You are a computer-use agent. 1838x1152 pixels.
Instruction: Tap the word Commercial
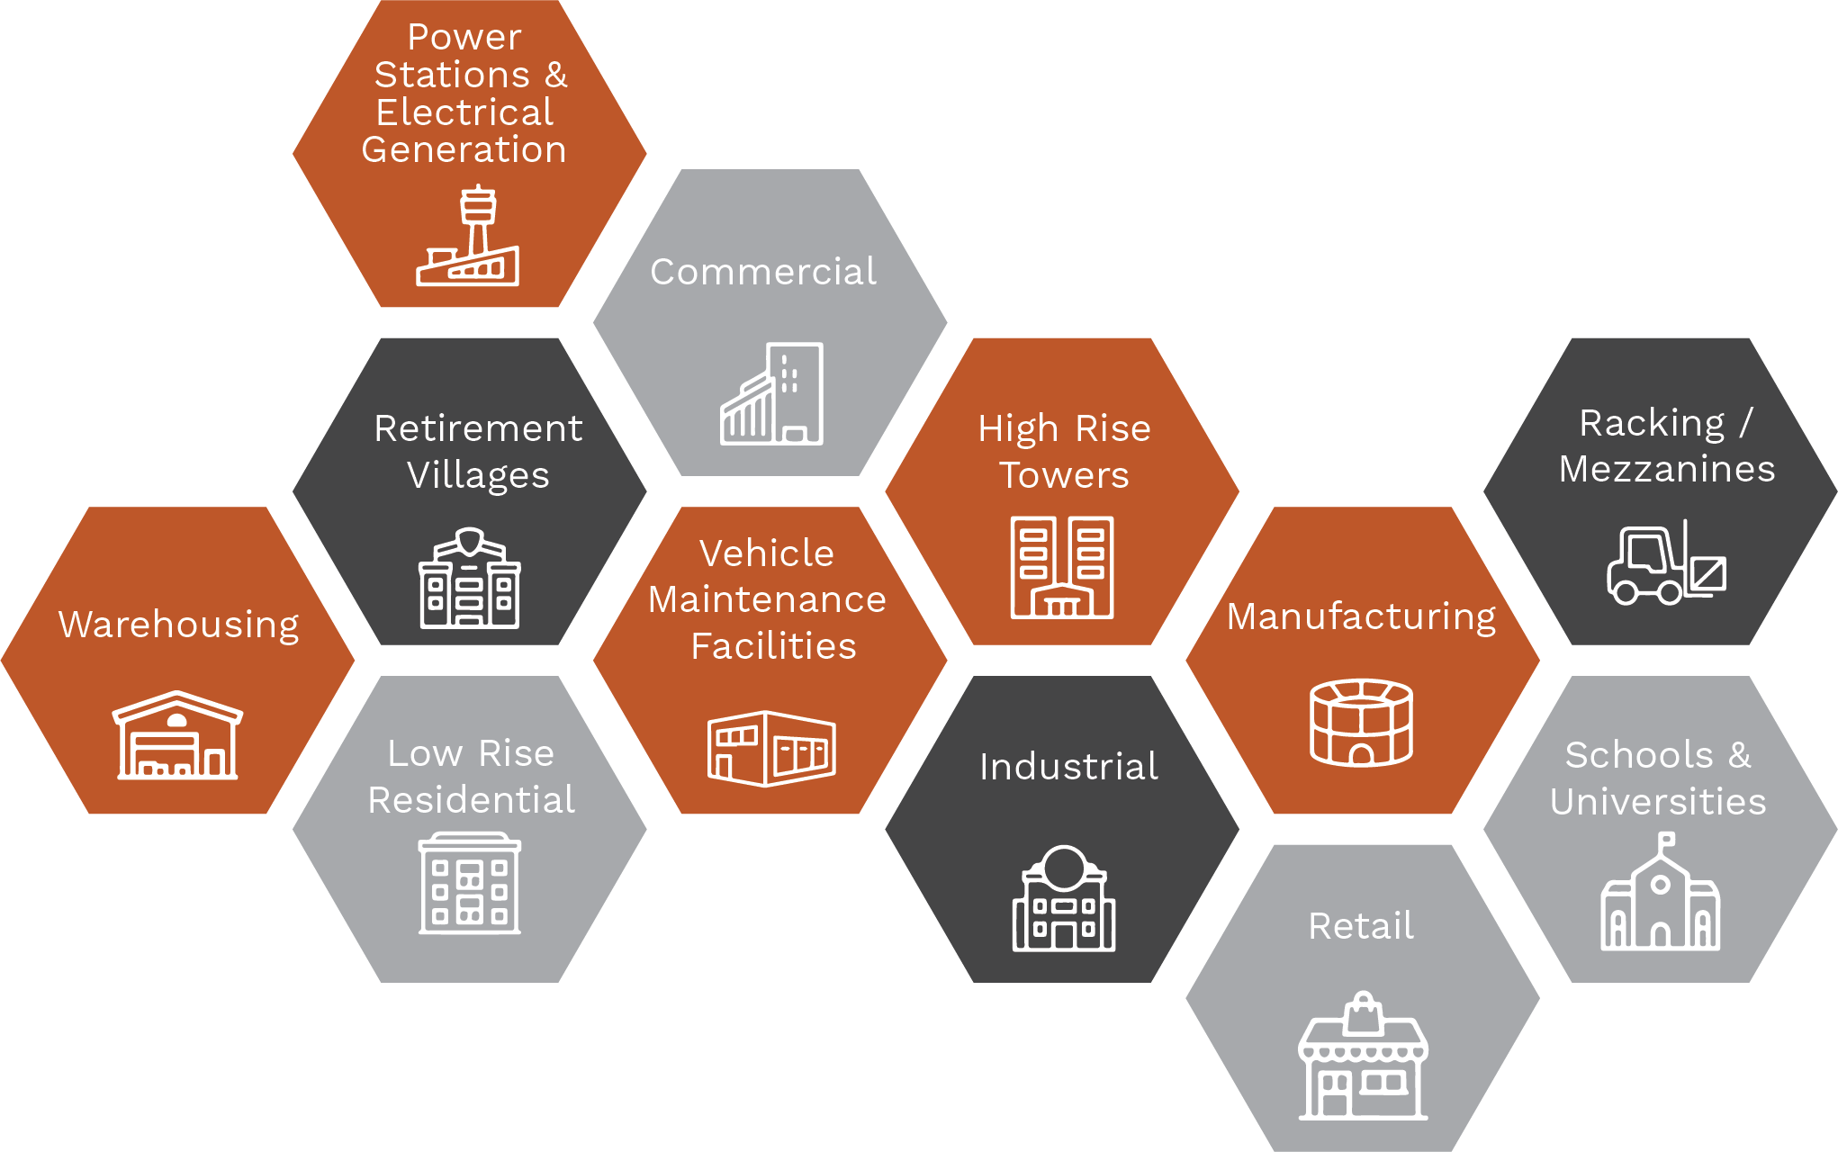(763, 272)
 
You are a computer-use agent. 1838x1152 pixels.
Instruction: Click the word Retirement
(478, 428)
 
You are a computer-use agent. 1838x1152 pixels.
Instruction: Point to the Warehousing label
(179, 625)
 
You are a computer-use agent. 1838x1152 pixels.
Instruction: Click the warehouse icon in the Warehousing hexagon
(177, 735)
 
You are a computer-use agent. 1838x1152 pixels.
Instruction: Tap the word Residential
(471, 800)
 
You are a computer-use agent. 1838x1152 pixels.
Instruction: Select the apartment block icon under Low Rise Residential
(470, 883)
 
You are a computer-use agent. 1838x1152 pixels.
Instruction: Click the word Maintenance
(767, 599)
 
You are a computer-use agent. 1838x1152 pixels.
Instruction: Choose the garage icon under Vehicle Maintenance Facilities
(771, 748)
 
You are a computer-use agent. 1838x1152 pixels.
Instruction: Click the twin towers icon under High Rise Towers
(1062, 567)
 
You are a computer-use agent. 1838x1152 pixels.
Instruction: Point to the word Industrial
(1068, 767)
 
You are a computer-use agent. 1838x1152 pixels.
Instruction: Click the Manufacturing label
(1361, 617)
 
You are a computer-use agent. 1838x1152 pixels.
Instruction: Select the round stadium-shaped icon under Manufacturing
(1361, 723)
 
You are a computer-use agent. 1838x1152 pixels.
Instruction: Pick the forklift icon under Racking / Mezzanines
(1666, 564)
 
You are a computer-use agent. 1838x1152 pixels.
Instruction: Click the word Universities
(1658, 802)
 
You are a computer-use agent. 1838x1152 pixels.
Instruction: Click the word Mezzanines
(1667, 469)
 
